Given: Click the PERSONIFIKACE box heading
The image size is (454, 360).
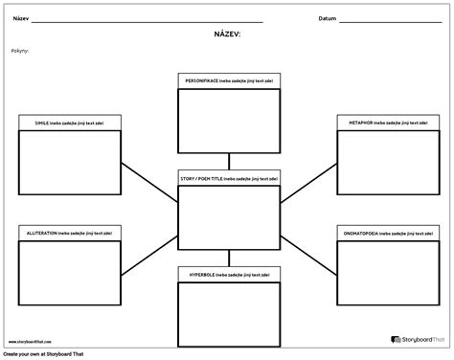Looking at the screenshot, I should (x=227, y=82).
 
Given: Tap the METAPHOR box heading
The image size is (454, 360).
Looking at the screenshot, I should (x=387, y=123).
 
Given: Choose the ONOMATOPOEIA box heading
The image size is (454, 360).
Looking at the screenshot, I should (x=387, y=234).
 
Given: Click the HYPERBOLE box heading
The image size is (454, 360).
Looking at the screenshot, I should (x=227, y=274).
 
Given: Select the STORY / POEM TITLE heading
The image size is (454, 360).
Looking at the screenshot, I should (x=227, y=179).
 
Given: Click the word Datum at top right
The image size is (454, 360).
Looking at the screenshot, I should (x=327, y=18).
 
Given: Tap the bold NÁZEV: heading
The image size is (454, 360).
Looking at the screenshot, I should (x=227, y=34).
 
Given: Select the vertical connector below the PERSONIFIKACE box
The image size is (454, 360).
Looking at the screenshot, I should (x=227, y=161).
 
